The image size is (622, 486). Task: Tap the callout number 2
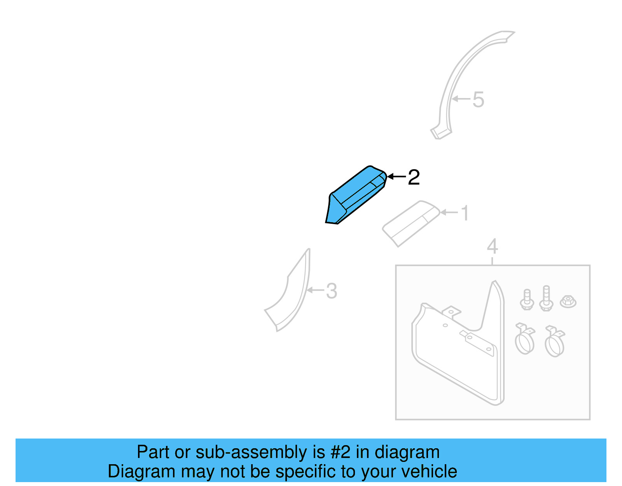[x=414, y=177]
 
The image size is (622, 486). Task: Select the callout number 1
[x=465, y=213]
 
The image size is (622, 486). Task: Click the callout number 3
[x=331, y=291]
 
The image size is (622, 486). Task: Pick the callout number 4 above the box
[x=492, y=247]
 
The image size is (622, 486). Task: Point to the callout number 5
[x=478, y=100]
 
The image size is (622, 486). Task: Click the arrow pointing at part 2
[x=397, y=177]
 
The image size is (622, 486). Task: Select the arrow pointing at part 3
[x=315, y=290]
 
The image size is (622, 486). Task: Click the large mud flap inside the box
[x=459, y=350]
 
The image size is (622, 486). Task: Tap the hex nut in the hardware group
[x=568, y=301]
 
